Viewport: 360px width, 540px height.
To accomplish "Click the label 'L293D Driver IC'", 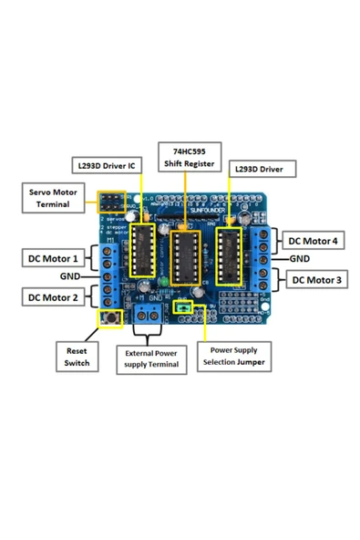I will coord(107,167).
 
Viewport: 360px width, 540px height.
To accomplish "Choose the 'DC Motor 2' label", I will coord(51,296).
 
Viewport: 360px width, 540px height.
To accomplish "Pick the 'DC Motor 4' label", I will coord(311,242).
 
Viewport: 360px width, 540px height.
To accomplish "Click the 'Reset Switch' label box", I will coord(77,356).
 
